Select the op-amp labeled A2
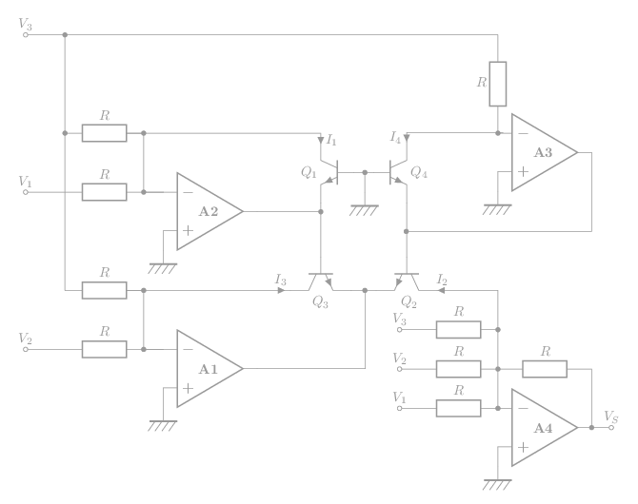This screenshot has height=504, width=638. pos(207,211)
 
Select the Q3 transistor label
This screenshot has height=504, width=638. pos(320,301)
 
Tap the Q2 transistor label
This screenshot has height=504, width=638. pos(409,301)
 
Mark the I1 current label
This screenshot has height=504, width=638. pos(330,140)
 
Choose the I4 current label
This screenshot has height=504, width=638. pos(395,137)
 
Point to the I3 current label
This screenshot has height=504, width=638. pos(280,280)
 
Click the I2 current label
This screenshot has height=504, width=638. pos(442,279)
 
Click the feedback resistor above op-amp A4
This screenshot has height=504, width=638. pos(545,369)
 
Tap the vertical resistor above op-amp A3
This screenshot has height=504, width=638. pos(497,84)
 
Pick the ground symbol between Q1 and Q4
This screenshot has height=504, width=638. pos(364,210)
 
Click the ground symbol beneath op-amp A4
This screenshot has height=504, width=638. pos(496,484)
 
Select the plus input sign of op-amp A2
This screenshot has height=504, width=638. pos(188,230)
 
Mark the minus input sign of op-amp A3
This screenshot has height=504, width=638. pos(523,133)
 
